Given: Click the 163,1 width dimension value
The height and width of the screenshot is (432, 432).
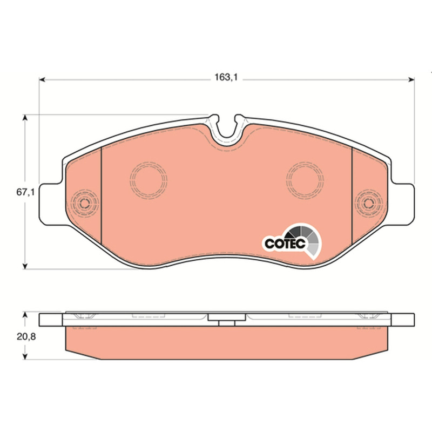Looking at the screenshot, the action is pyautogui.click(x=226, y=77).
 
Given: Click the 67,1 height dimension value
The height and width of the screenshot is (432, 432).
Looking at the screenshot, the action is pyautogui.click(x=25, y=192).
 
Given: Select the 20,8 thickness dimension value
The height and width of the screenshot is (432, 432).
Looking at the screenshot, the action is pyautogui.click(x=26, y=336).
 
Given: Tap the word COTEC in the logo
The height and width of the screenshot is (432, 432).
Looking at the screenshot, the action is pyautogui.click(x=285, y=244).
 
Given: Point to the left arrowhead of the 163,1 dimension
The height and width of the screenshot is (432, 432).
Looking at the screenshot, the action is pyautogui.click(x=42, y=80).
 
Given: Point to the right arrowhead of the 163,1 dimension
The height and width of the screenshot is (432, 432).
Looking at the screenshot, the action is pyautogui.click(x=411, y=80).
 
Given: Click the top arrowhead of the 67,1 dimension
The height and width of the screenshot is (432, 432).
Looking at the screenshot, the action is pyautogui.click(x=25, y=118).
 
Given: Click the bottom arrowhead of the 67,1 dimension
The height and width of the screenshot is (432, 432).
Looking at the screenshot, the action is pyautogui.click(x=25, y=266).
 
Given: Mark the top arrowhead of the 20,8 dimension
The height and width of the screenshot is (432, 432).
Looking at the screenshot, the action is pyautogui.click(x=25, y=315).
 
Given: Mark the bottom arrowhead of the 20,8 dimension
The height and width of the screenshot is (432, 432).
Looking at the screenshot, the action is pyautogui.click(x=25, y=356).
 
